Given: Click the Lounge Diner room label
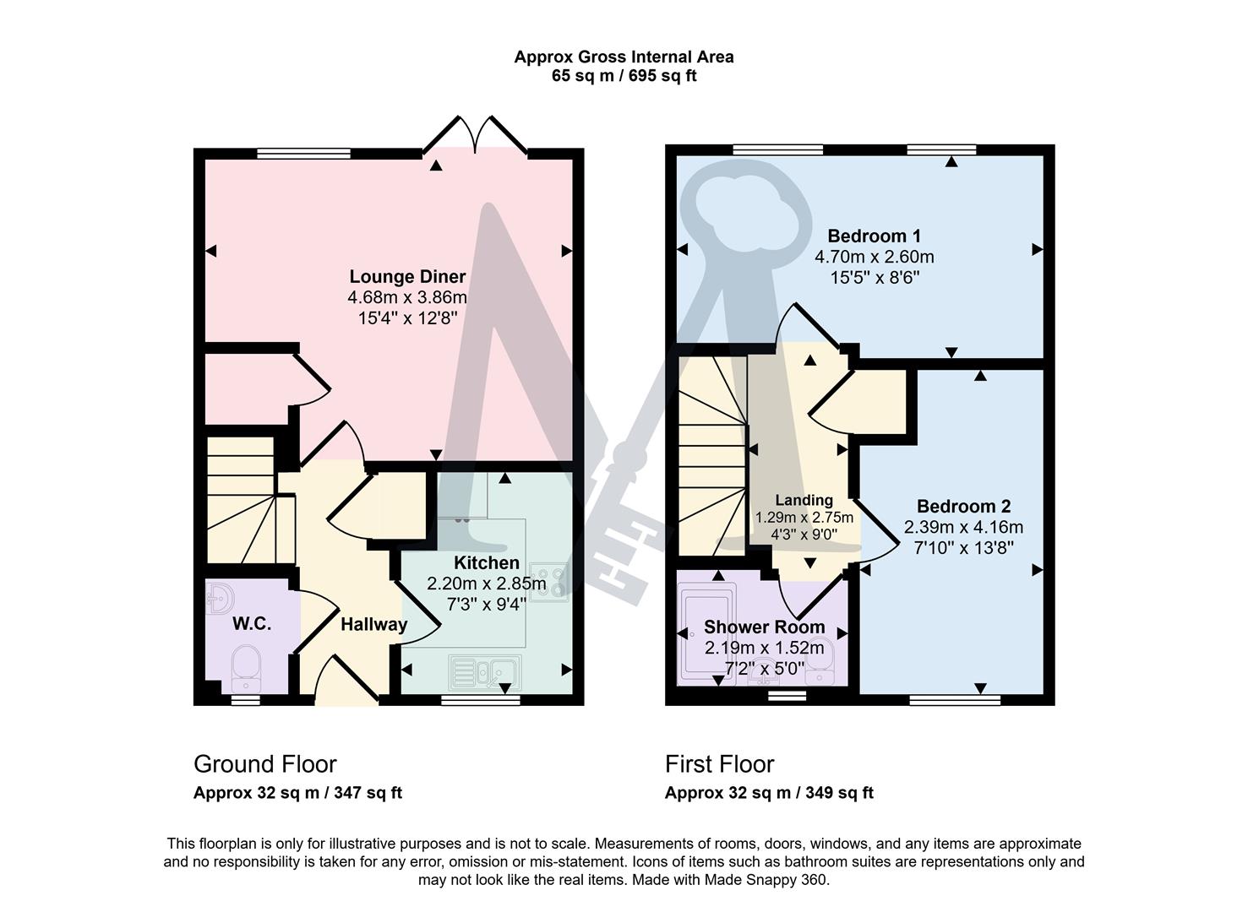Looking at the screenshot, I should click(407, 277).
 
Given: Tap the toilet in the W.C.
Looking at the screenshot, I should click(248, 667).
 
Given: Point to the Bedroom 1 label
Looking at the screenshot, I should click(874, 236).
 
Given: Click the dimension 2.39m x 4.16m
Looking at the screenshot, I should click(963, 528).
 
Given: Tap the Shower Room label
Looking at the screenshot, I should click(764, 627).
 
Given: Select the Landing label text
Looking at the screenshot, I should click(804, 500).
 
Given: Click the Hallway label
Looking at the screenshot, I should click(373, 625).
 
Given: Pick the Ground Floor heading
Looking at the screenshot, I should click(265, 764).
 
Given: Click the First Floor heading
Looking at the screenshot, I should click(719, 764).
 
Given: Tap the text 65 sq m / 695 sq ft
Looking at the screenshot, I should click(624, 76).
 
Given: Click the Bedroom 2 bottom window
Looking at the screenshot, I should click(955, 699).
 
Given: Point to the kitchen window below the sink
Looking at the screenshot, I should click(480, 699).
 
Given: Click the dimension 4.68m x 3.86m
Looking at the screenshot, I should click(407, 297).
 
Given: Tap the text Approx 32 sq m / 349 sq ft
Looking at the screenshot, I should click(768, 793).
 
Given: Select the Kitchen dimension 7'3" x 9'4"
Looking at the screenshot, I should click(487, 604).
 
